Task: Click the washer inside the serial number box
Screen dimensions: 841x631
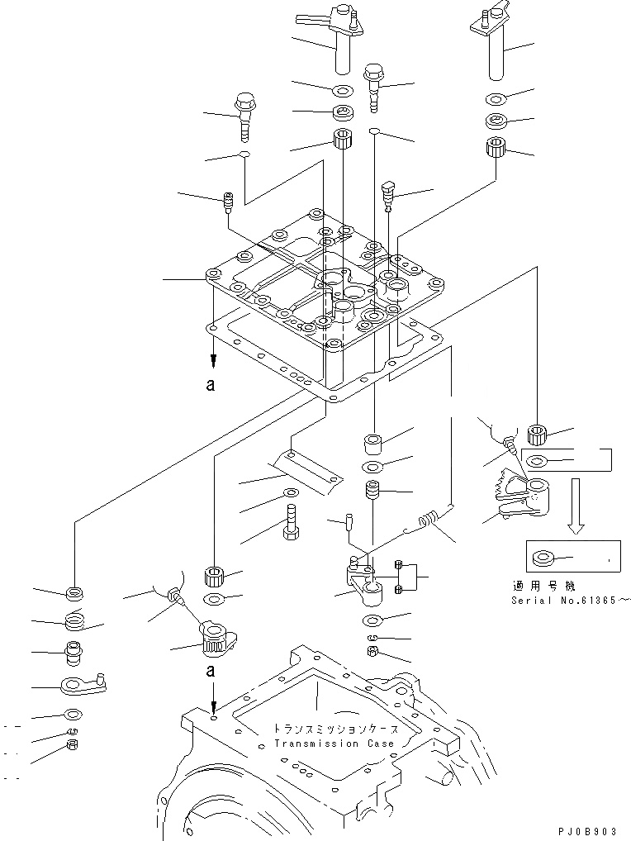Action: click(x=544, y=559)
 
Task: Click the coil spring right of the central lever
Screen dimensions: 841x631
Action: click(x=428, y=520)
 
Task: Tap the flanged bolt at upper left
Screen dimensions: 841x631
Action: click(x=245, y=115)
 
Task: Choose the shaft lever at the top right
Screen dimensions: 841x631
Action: click(x=491, y=41)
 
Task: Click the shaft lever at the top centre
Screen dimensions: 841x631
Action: click(x=343, y=37)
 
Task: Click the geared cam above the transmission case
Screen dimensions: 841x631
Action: click(x=217, y=639)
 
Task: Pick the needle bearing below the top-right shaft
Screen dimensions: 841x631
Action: click(x=497, y=150)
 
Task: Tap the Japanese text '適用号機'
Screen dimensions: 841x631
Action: click(x=542, y=585)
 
